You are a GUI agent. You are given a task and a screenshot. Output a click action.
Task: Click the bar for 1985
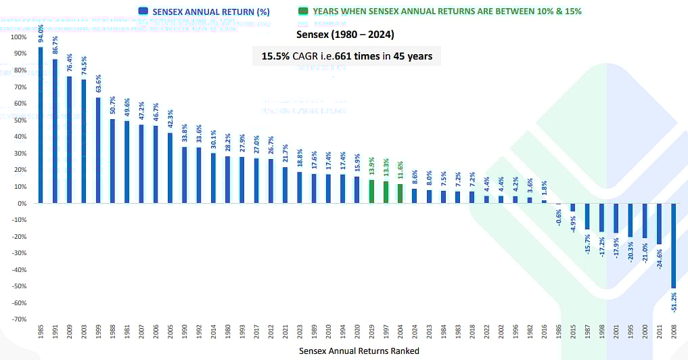pos(41,125)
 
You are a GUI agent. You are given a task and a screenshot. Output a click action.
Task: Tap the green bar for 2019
pos(371,191)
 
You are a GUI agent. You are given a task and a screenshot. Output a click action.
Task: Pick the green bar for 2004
pos(400,193)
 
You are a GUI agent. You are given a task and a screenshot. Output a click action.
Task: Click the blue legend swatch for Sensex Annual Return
pos(142,11)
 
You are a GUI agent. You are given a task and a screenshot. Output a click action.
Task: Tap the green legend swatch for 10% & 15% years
pos(302,11)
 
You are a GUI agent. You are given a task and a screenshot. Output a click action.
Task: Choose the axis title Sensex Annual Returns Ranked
pos(359,351)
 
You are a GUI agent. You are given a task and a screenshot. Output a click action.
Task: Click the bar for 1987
pos(587,216)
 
